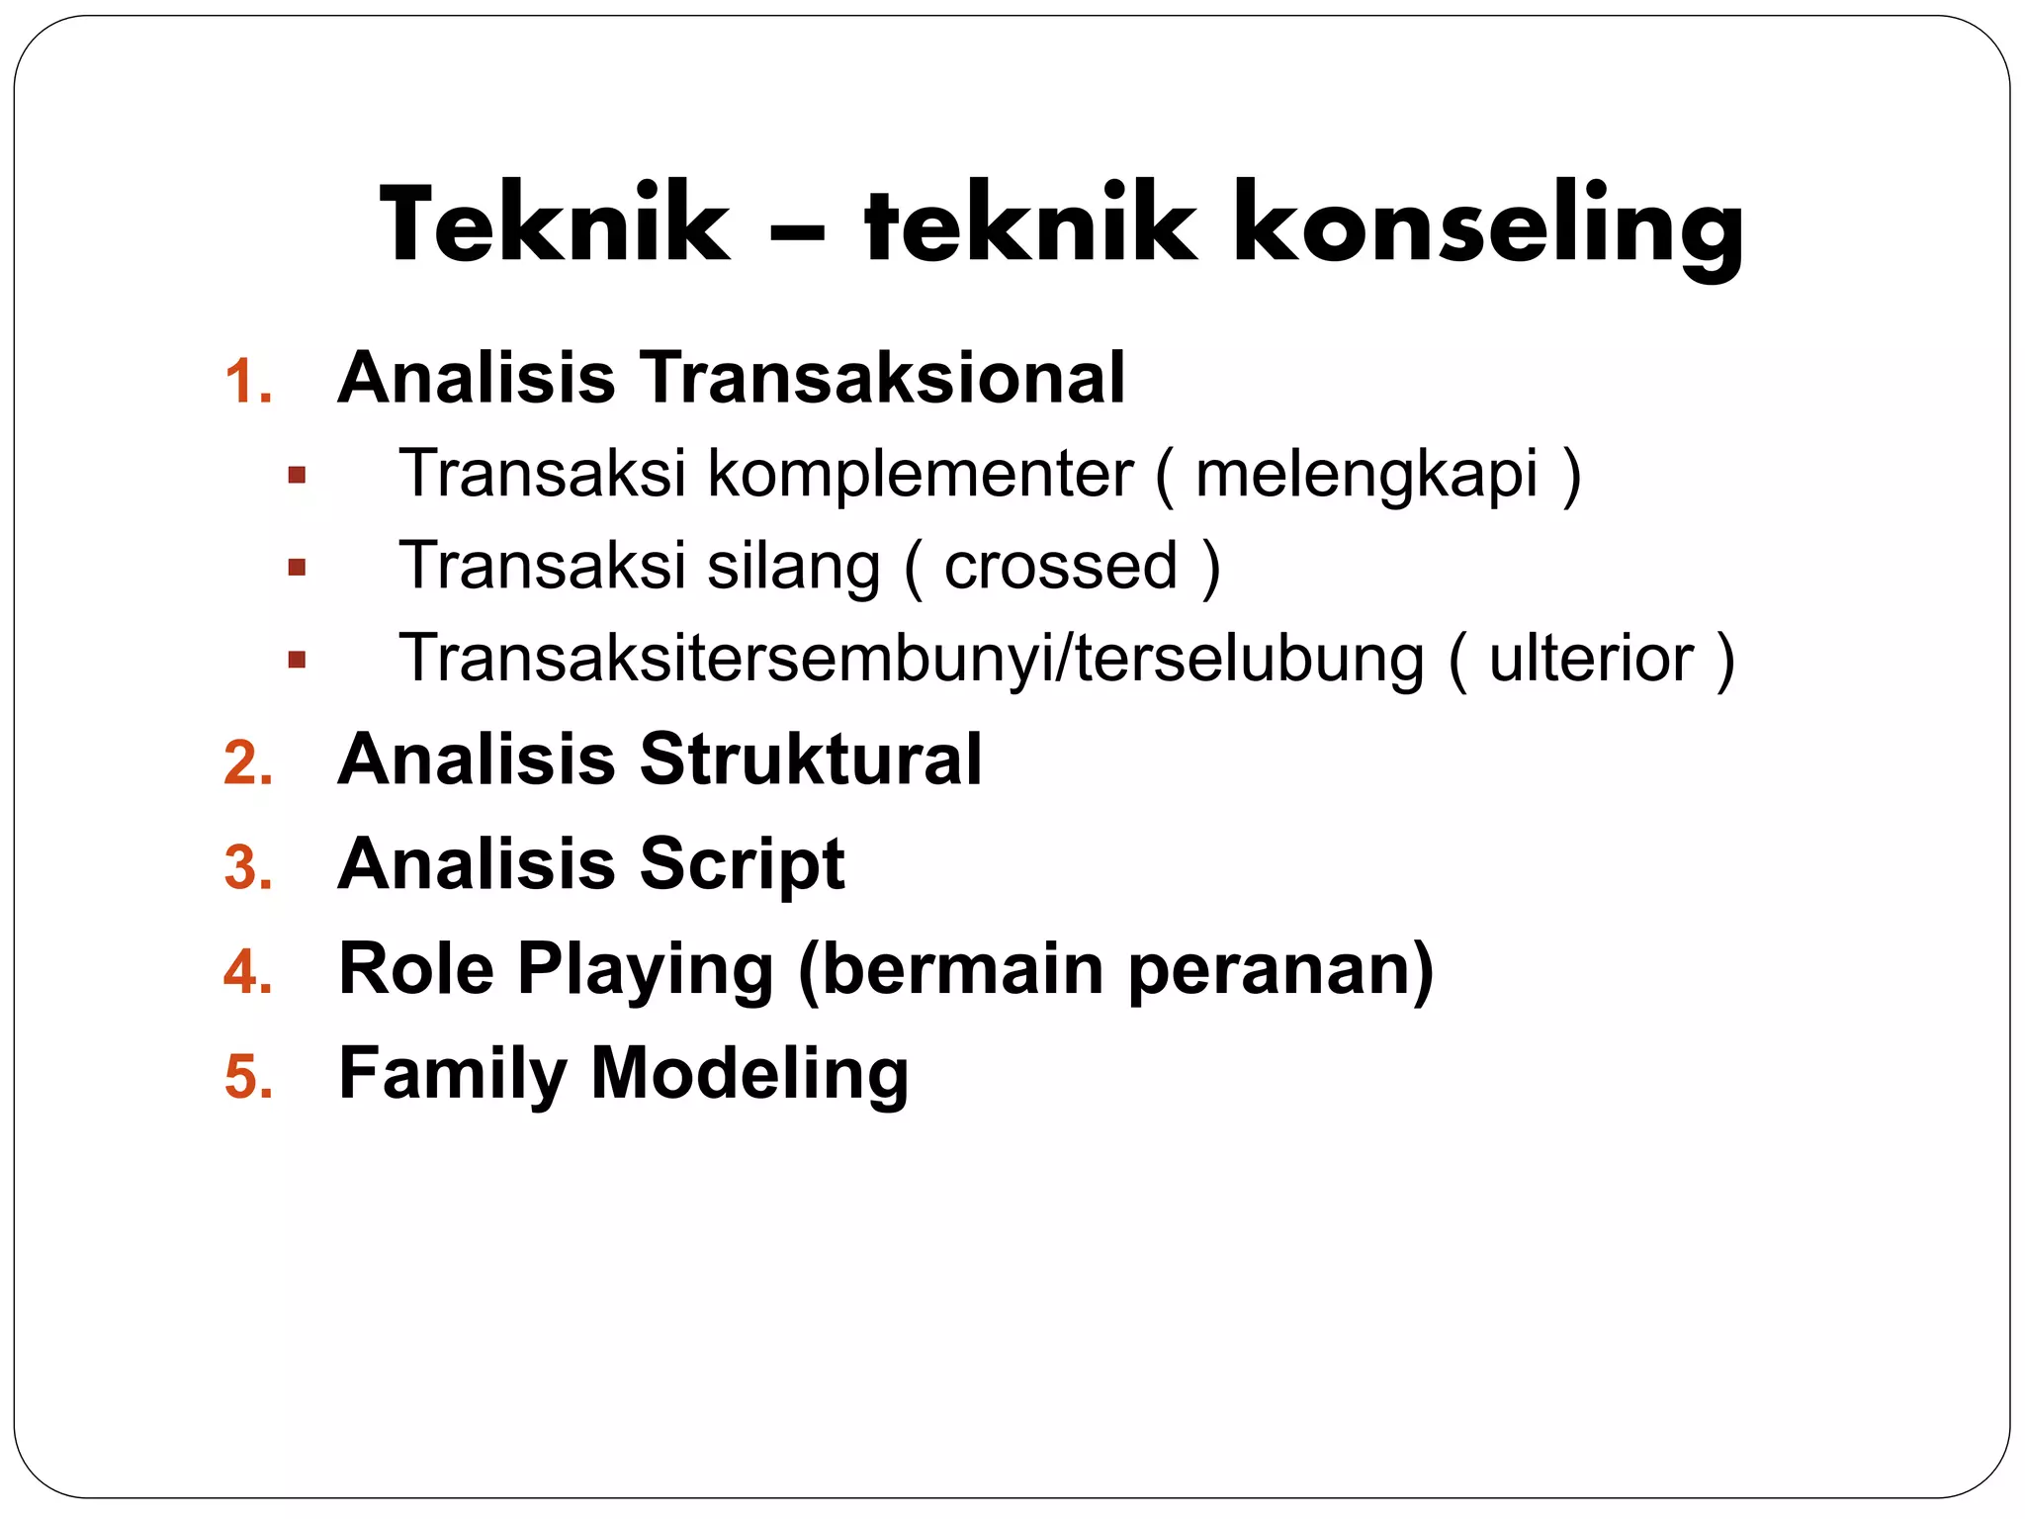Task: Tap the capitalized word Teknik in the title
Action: pos(555,225)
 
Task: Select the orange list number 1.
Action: pos(247,382)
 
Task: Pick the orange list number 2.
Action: pos(248,763)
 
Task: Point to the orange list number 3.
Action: pos(248,868)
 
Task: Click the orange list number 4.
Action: pos(248,972)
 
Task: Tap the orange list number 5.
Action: pos(248,1077)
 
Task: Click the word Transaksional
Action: pos(883,378)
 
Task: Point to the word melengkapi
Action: pos(1366,475)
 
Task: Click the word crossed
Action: pos(1061,566)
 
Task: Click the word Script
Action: pos(742,864)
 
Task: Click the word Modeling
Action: pos(749,1074)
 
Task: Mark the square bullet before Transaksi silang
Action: pos(297,568)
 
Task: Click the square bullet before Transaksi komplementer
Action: pos(297,476)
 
